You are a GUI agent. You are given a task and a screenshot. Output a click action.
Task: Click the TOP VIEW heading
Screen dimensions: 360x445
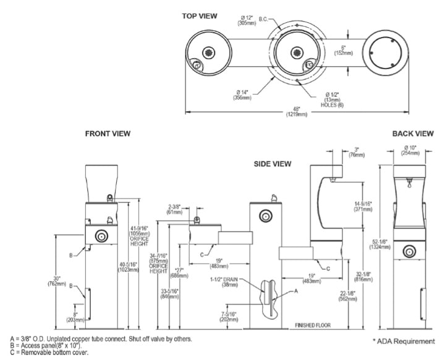(x=200, y=15)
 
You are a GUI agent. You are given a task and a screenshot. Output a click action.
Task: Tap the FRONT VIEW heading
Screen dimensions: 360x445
(x=108, y=133)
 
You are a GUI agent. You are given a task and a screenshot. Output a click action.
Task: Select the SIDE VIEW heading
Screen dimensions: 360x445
(x=273, y=164)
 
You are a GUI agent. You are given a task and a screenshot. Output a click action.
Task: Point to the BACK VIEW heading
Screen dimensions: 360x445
(x=413, y=133)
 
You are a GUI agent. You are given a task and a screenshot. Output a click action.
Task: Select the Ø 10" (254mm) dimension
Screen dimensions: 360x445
(x=410, y=150)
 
